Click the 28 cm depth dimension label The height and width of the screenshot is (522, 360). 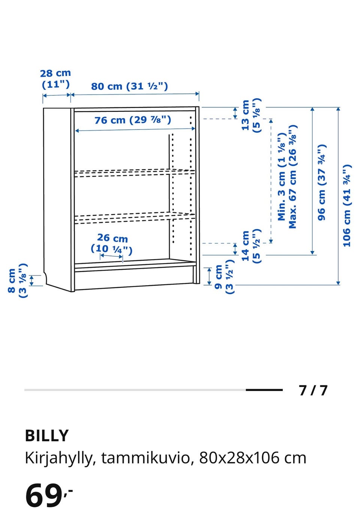[x=55, y=79]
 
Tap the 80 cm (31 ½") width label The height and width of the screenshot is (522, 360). [x=129, y=86]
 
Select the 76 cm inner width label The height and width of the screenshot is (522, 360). [x=133, y=120]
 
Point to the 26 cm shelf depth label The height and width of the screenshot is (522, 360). [x=112, y=244]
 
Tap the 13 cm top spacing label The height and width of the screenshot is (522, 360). [x=251, y=115]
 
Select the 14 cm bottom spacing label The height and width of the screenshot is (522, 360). [x=251, y=246]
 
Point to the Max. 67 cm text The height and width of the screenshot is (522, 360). [x=293, y=177]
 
